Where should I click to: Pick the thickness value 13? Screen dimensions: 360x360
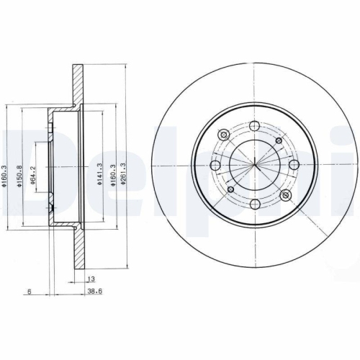(x=90, y=279)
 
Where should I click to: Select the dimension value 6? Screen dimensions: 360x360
(x=28, y=292)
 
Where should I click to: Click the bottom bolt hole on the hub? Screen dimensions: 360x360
(x=255, y=204)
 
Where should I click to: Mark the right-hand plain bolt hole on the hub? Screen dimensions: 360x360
(x=294, y=166)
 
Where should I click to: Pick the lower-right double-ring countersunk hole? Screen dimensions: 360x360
(x=287, y=196)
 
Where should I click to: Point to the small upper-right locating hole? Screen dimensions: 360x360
(x=279, y=141)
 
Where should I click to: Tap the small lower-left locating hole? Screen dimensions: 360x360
(x=230, y=189)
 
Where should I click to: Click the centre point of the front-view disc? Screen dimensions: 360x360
(x=255, y=166)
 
